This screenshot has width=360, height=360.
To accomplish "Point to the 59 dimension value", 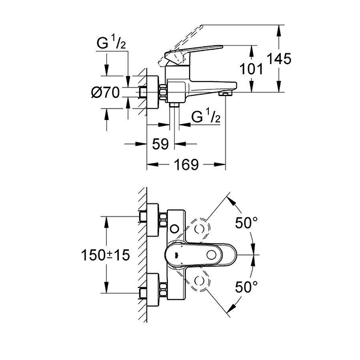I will (x=160, y=145).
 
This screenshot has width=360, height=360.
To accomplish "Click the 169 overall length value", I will (x=185, y=165).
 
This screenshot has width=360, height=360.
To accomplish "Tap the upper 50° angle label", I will (x=245, y=223).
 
